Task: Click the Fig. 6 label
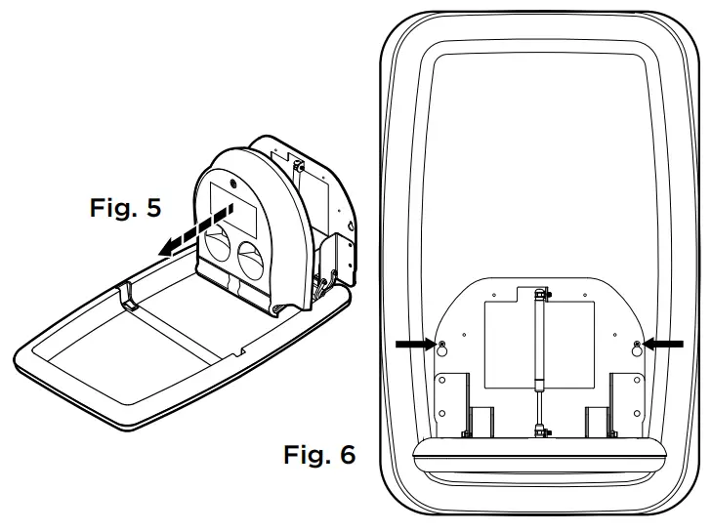tap(320, 455)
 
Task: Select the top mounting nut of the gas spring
tap(539, 292)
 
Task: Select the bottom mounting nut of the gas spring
tap(538, 429)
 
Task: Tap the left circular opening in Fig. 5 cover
tap(219, 253)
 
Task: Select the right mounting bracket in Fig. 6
tap(622, 400)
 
